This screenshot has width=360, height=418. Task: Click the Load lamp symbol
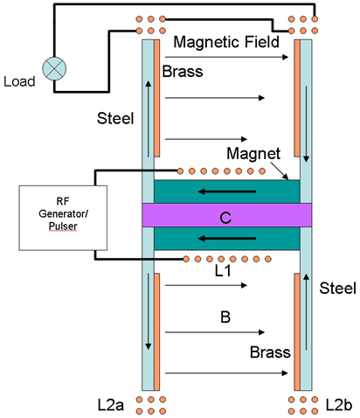(x=54, y=69)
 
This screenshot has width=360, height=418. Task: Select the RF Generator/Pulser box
(x=63, y=218)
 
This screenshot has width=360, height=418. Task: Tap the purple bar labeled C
(x=227, y=215)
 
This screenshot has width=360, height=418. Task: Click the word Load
(x=19, y=81)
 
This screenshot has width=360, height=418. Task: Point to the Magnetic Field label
(x=226, y=42)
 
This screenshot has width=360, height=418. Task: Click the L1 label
(x=223, y=271)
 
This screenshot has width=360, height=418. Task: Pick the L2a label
(x=111, y=405)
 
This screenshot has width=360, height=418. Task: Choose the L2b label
(x=339, y=405)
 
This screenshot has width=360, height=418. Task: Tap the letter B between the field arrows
(x=225, y=317)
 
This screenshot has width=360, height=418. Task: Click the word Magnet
(x=253, y=153)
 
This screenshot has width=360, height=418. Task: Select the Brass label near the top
(x=183, y=72)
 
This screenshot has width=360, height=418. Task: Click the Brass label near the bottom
(x=270, y=352)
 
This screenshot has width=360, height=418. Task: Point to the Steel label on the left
(x=115, y=118)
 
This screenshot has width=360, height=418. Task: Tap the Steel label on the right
(x=337, y=289)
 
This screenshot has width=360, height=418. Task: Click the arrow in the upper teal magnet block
(x=227, y=192)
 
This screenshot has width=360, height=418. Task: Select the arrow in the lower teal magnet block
(x=227, y=239)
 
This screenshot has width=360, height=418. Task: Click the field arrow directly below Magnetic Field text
(x=226, y=57)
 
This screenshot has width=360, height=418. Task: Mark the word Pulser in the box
(x=63, y=226)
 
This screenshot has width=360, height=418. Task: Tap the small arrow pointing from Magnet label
(x=280, y=171)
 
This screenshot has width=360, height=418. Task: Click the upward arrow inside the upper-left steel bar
(x=149, y=119)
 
